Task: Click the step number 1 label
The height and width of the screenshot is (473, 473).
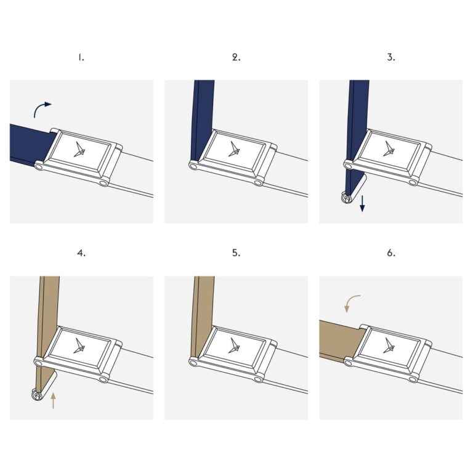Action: click(81, 57)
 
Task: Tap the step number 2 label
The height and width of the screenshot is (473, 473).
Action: click(236, 57)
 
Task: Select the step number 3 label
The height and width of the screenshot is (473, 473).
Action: click(391, 57)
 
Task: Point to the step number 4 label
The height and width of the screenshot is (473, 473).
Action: click(81, 253)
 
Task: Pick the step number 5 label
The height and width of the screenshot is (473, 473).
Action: click(236, 253)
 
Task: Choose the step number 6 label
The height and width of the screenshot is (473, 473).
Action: click(391, 253)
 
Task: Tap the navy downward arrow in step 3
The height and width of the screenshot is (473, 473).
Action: click(362, 203)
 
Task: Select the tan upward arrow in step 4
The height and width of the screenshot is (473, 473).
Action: click(53, 400)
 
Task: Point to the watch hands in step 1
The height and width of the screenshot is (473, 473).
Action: click(81, 150)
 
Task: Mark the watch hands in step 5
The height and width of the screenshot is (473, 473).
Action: click(234, 346)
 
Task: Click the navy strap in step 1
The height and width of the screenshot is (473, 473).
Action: click(30, 144)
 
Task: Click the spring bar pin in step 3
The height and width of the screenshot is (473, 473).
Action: click(346, 198)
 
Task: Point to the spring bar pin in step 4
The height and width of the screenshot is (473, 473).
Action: click(37, 395)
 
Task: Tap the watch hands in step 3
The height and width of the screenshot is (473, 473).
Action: click(389, 148)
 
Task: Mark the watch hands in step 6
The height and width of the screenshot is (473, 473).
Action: click(389, 346)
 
